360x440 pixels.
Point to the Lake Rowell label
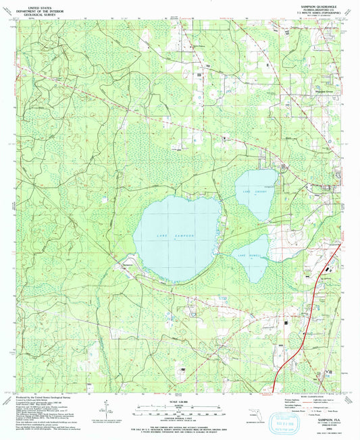coord(249,256)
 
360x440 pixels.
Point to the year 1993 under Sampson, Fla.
coord(330,424)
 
